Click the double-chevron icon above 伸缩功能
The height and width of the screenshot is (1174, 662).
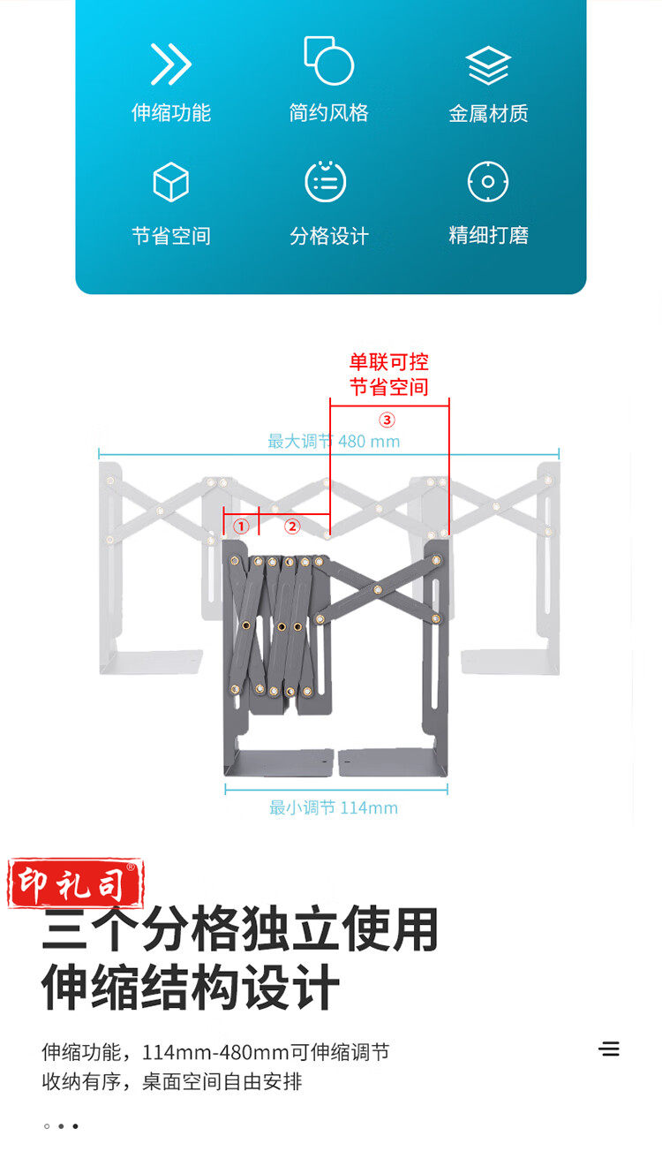170,64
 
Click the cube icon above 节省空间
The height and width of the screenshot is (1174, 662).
170,182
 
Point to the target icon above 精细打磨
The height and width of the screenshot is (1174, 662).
488,182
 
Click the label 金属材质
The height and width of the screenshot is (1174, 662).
488,113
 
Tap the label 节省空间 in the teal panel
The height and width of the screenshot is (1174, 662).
170,236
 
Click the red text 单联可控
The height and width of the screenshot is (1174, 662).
388,362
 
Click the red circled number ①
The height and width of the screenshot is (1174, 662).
241,526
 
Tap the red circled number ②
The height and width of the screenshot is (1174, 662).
292,526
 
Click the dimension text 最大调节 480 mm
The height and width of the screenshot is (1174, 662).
334,441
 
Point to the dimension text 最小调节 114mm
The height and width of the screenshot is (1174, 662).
334,807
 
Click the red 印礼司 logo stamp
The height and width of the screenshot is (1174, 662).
76,883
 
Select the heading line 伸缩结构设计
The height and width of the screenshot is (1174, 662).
191,988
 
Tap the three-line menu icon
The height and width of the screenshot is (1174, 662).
609,1049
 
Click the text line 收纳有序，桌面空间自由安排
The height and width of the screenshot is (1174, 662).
172,1081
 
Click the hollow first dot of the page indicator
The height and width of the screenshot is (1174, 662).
47,1126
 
